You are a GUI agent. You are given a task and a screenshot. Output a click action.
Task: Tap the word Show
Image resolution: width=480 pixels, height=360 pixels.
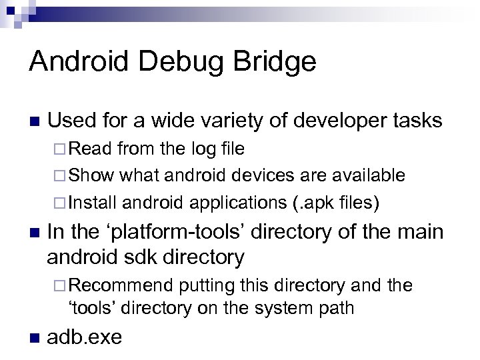pos(92,175)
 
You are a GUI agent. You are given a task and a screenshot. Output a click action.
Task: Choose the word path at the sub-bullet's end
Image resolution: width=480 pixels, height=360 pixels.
pos(338,308)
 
